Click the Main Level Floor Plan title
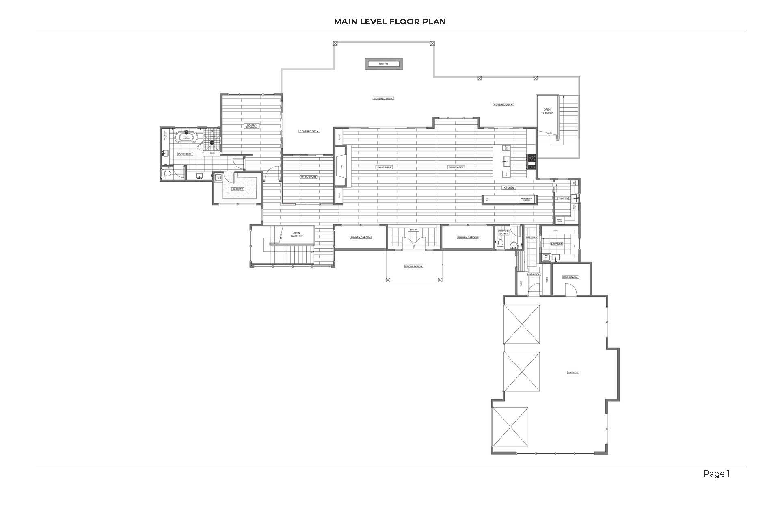[x=390, y=22]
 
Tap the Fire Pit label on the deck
[x=383, y=64]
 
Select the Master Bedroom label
[x=251, y=126]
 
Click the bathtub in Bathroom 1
[x=186, y=138]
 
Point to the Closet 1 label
[x=238, y=189]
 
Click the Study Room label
[x=308, y=177]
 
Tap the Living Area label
[x=384, y=167]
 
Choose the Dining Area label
[x=456, y=167]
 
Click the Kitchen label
[x=509, y=188]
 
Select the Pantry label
[x=563, y=199]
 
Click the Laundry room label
[x=556, y=244]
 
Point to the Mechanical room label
[x=570, y=277]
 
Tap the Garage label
[x=573, y=373]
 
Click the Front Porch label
[x=414, y=267]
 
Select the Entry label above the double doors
[x=413, y=230]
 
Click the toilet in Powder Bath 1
[x=501, y=244]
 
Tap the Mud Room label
[x=534, y=275]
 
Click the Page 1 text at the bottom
[x=716, y=474]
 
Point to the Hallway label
[x=532, y=238]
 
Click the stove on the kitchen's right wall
[x=532, y=162]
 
